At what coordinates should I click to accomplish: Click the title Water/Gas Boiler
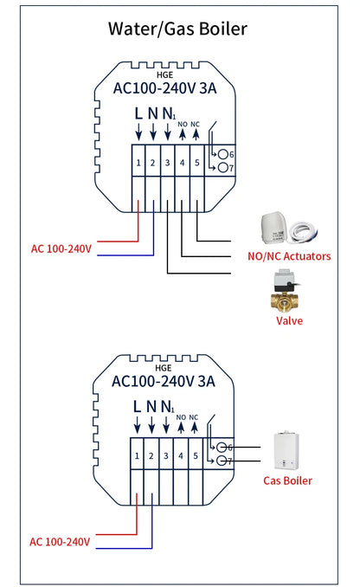pyautogui.click(x=177, y=29)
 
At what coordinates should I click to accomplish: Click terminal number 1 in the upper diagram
pyautogui.click(x=138, y=162)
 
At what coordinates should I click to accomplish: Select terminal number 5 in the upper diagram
pyautogui.click(x=196, y=162)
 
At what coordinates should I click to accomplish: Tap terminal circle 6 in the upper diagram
pyautogui.click(x=222, y=154)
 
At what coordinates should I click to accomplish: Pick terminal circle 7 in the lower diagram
pyautogui.click(x=222, y=461)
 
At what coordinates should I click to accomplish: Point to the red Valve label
pyautogui.click(x=288, y=320)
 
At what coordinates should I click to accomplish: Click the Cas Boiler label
pyautogui.click(x=287, y=481)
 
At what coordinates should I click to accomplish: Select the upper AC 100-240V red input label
pyautogui.click(x=61, y=248)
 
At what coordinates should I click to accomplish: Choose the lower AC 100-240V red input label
pyautogui.click(x=60, y=542)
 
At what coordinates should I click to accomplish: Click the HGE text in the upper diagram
pyautogui.click(x=165, y=74)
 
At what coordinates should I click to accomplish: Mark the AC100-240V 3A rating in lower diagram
pyautogui.click(x=164, y=381)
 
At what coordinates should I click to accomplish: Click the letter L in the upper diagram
pyautogui.click(x=138, y=113)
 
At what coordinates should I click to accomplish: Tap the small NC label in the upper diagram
pyautogui.click(x=196, y=124)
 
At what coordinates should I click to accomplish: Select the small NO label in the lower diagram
pyautogui.click(x=182, y=417)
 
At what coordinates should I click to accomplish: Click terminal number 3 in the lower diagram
pyautogui.click(x=166, y=455)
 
